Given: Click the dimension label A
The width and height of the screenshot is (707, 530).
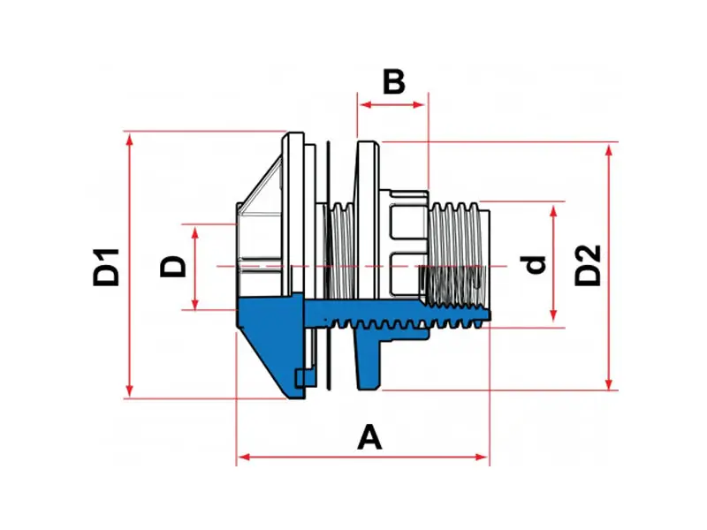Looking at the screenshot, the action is [x=369, y=436].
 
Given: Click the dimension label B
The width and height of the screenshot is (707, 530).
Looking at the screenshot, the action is [x=393, y=81].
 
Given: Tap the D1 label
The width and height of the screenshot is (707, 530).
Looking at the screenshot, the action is [x=106, y=267].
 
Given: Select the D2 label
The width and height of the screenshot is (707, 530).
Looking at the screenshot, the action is [x=588, y=265].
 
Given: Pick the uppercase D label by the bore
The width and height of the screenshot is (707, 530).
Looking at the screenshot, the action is [x=172, y=267].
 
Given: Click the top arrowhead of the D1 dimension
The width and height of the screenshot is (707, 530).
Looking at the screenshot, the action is [x=130, y=140].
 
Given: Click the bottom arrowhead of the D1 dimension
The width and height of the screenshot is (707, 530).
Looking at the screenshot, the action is [x=130, y=390].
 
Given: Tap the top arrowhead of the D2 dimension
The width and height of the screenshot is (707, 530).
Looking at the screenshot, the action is [x=609, y=152].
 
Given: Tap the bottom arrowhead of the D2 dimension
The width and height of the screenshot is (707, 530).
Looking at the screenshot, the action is [x=609, y=382].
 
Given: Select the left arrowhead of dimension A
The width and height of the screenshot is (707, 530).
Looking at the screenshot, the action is [x=245, y=457].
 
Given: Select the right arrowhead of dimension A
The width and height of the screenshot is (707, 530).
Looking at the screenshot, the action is [x=482, y=457].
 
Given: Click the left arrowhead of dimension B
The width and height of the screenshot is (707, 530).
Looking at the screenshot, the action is [x=365, y=105].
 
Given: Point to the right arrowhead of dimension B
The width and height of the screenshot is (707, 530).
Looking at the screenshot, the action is [x=419, y=105].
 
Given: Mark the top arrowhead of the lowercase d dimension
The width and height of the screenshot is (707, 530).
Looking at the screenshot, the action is [x=554, y=212].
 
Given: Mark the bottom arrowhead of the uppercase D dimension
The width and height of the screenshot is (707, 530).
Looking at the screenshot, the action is [x=194, y=304].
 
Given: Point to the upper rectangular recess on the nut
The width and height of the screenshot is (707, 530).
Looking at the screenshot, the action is [x=407, y=222].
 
